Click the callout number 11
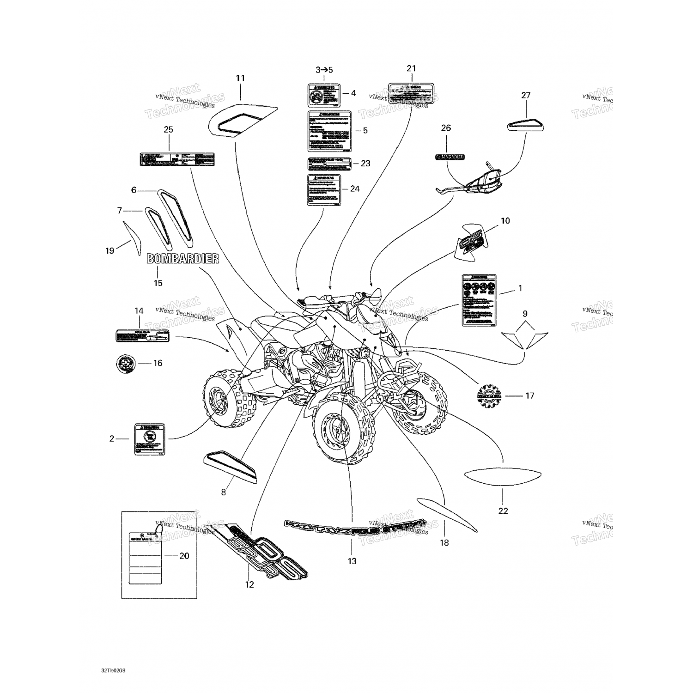240,78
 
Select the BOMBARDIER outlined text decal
182,259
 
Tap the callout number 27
526,95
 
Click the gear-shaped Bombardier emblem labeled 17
489,396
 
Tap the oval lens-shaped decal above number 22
503,476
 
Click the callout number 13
352,561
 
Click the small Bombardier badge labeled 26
450,157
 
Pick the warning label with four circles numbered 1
479,300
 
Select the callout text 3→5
324,70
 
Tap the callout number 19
109,251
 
